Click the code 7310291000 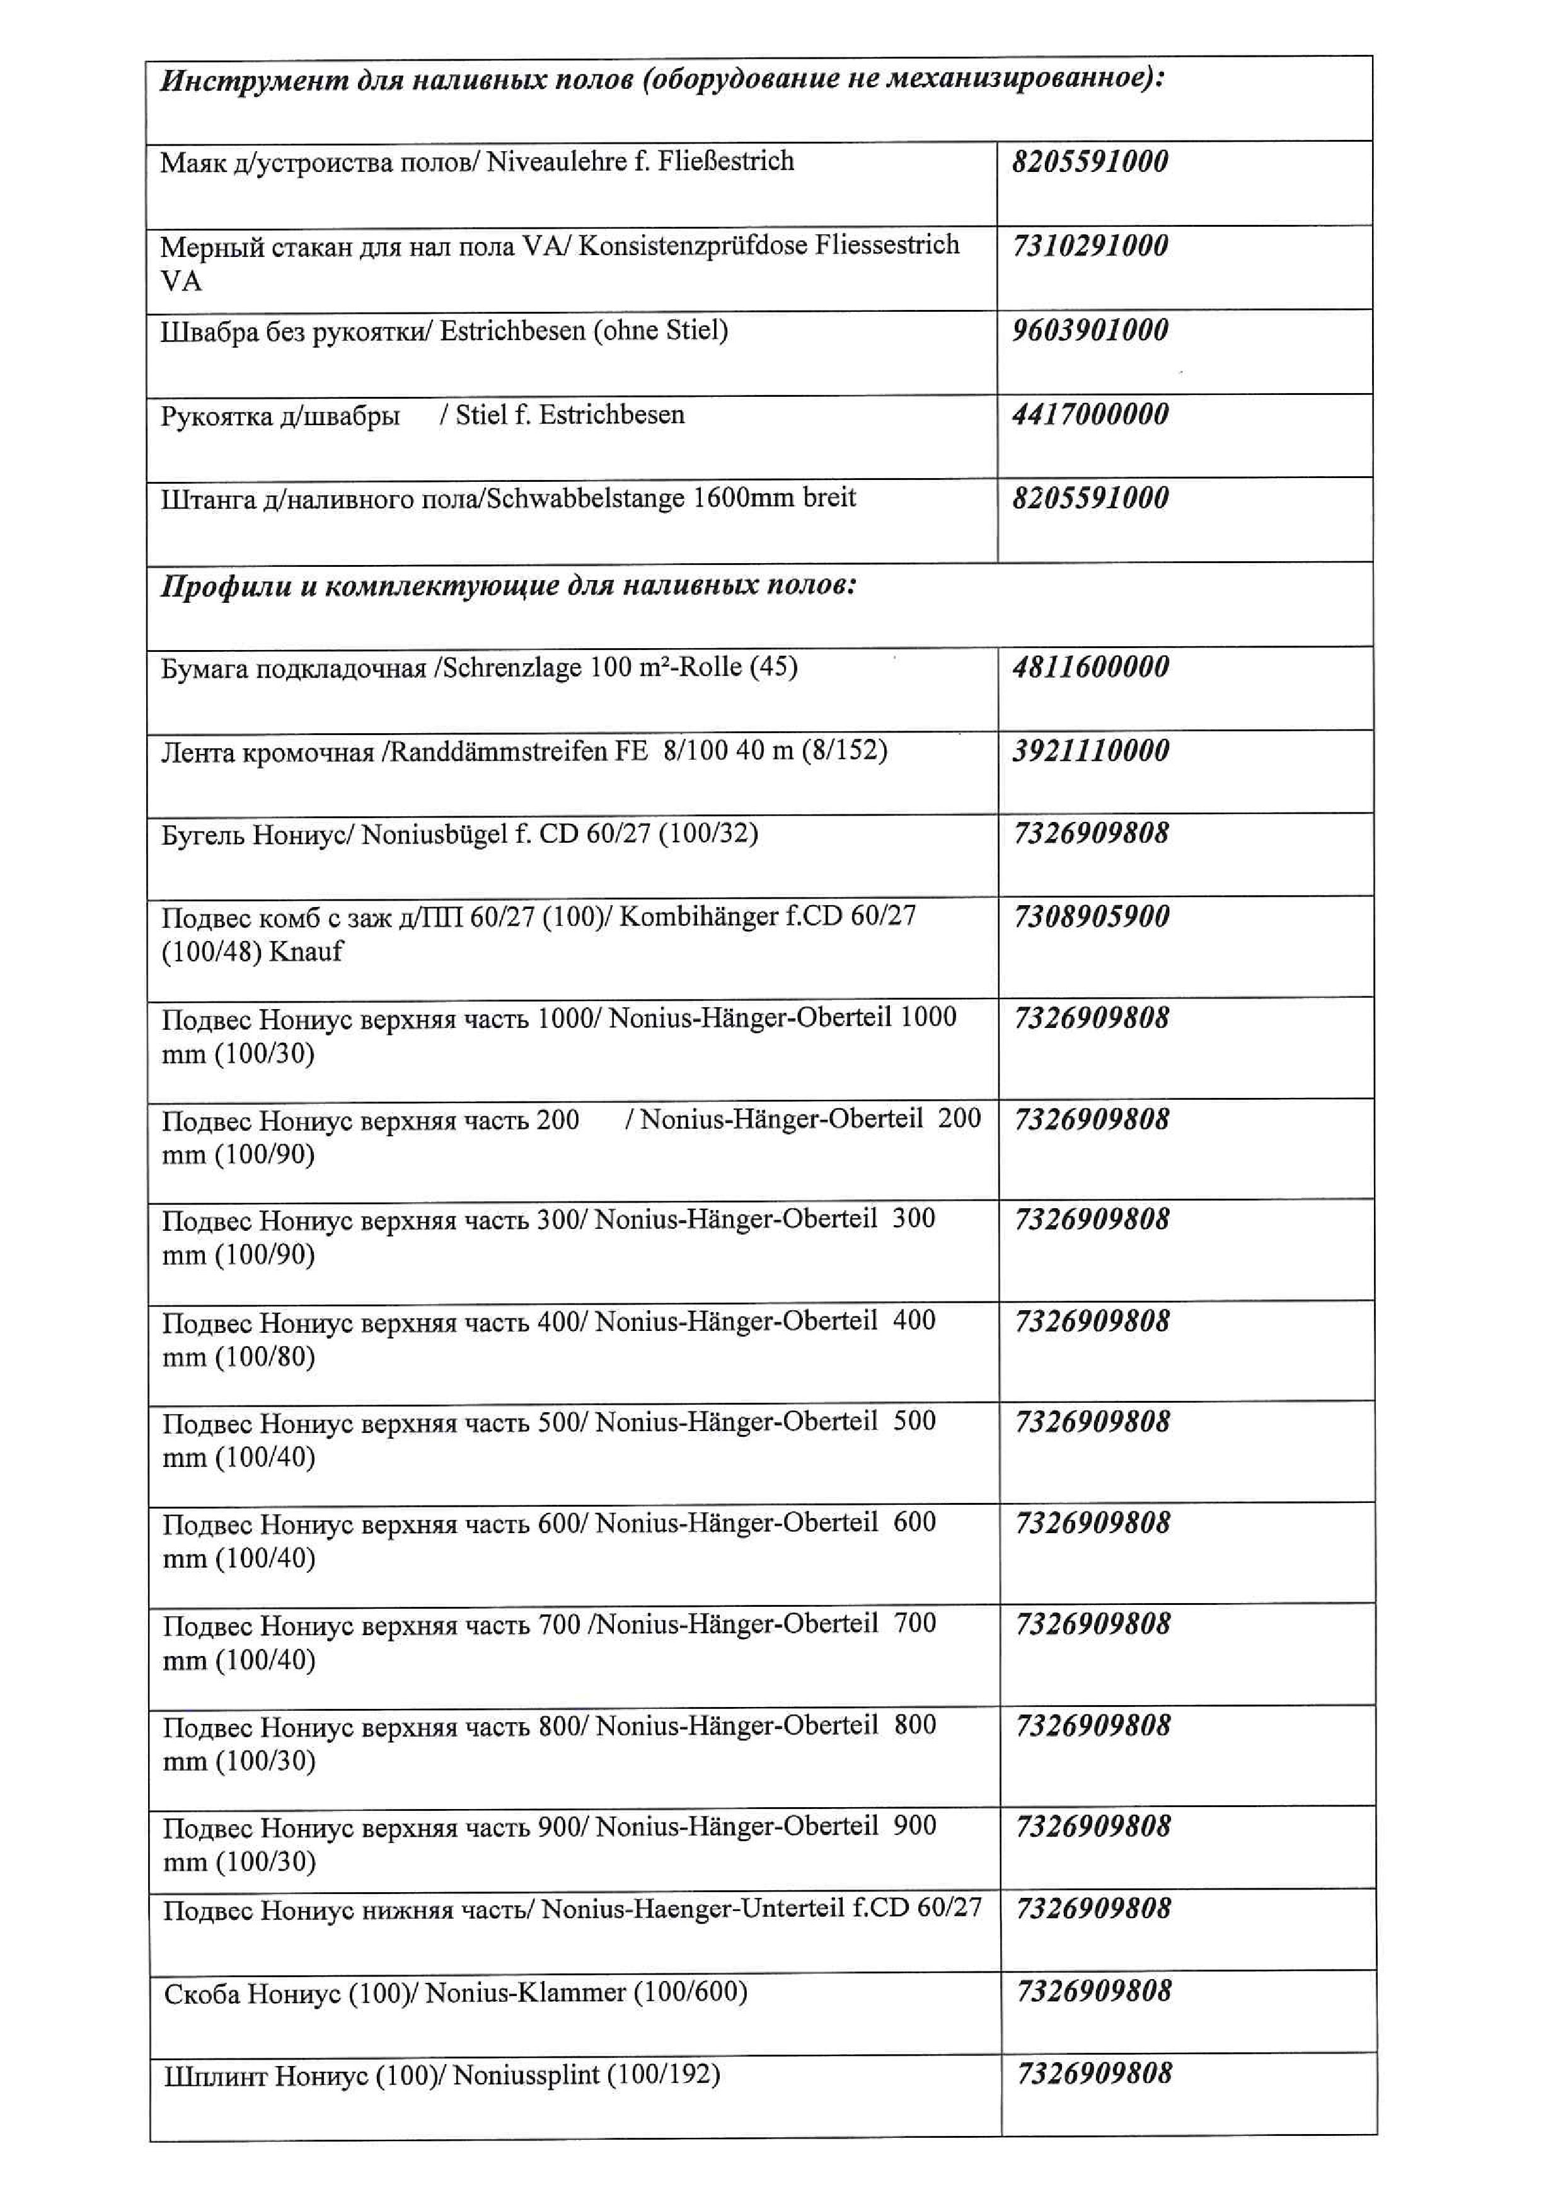pos(1090,246)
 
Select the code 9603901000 pos(1090,331)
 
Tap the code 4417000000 pos(1090,416)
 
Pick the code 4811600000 pos(1090,667)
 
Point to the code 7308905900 pos(1092,917)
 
